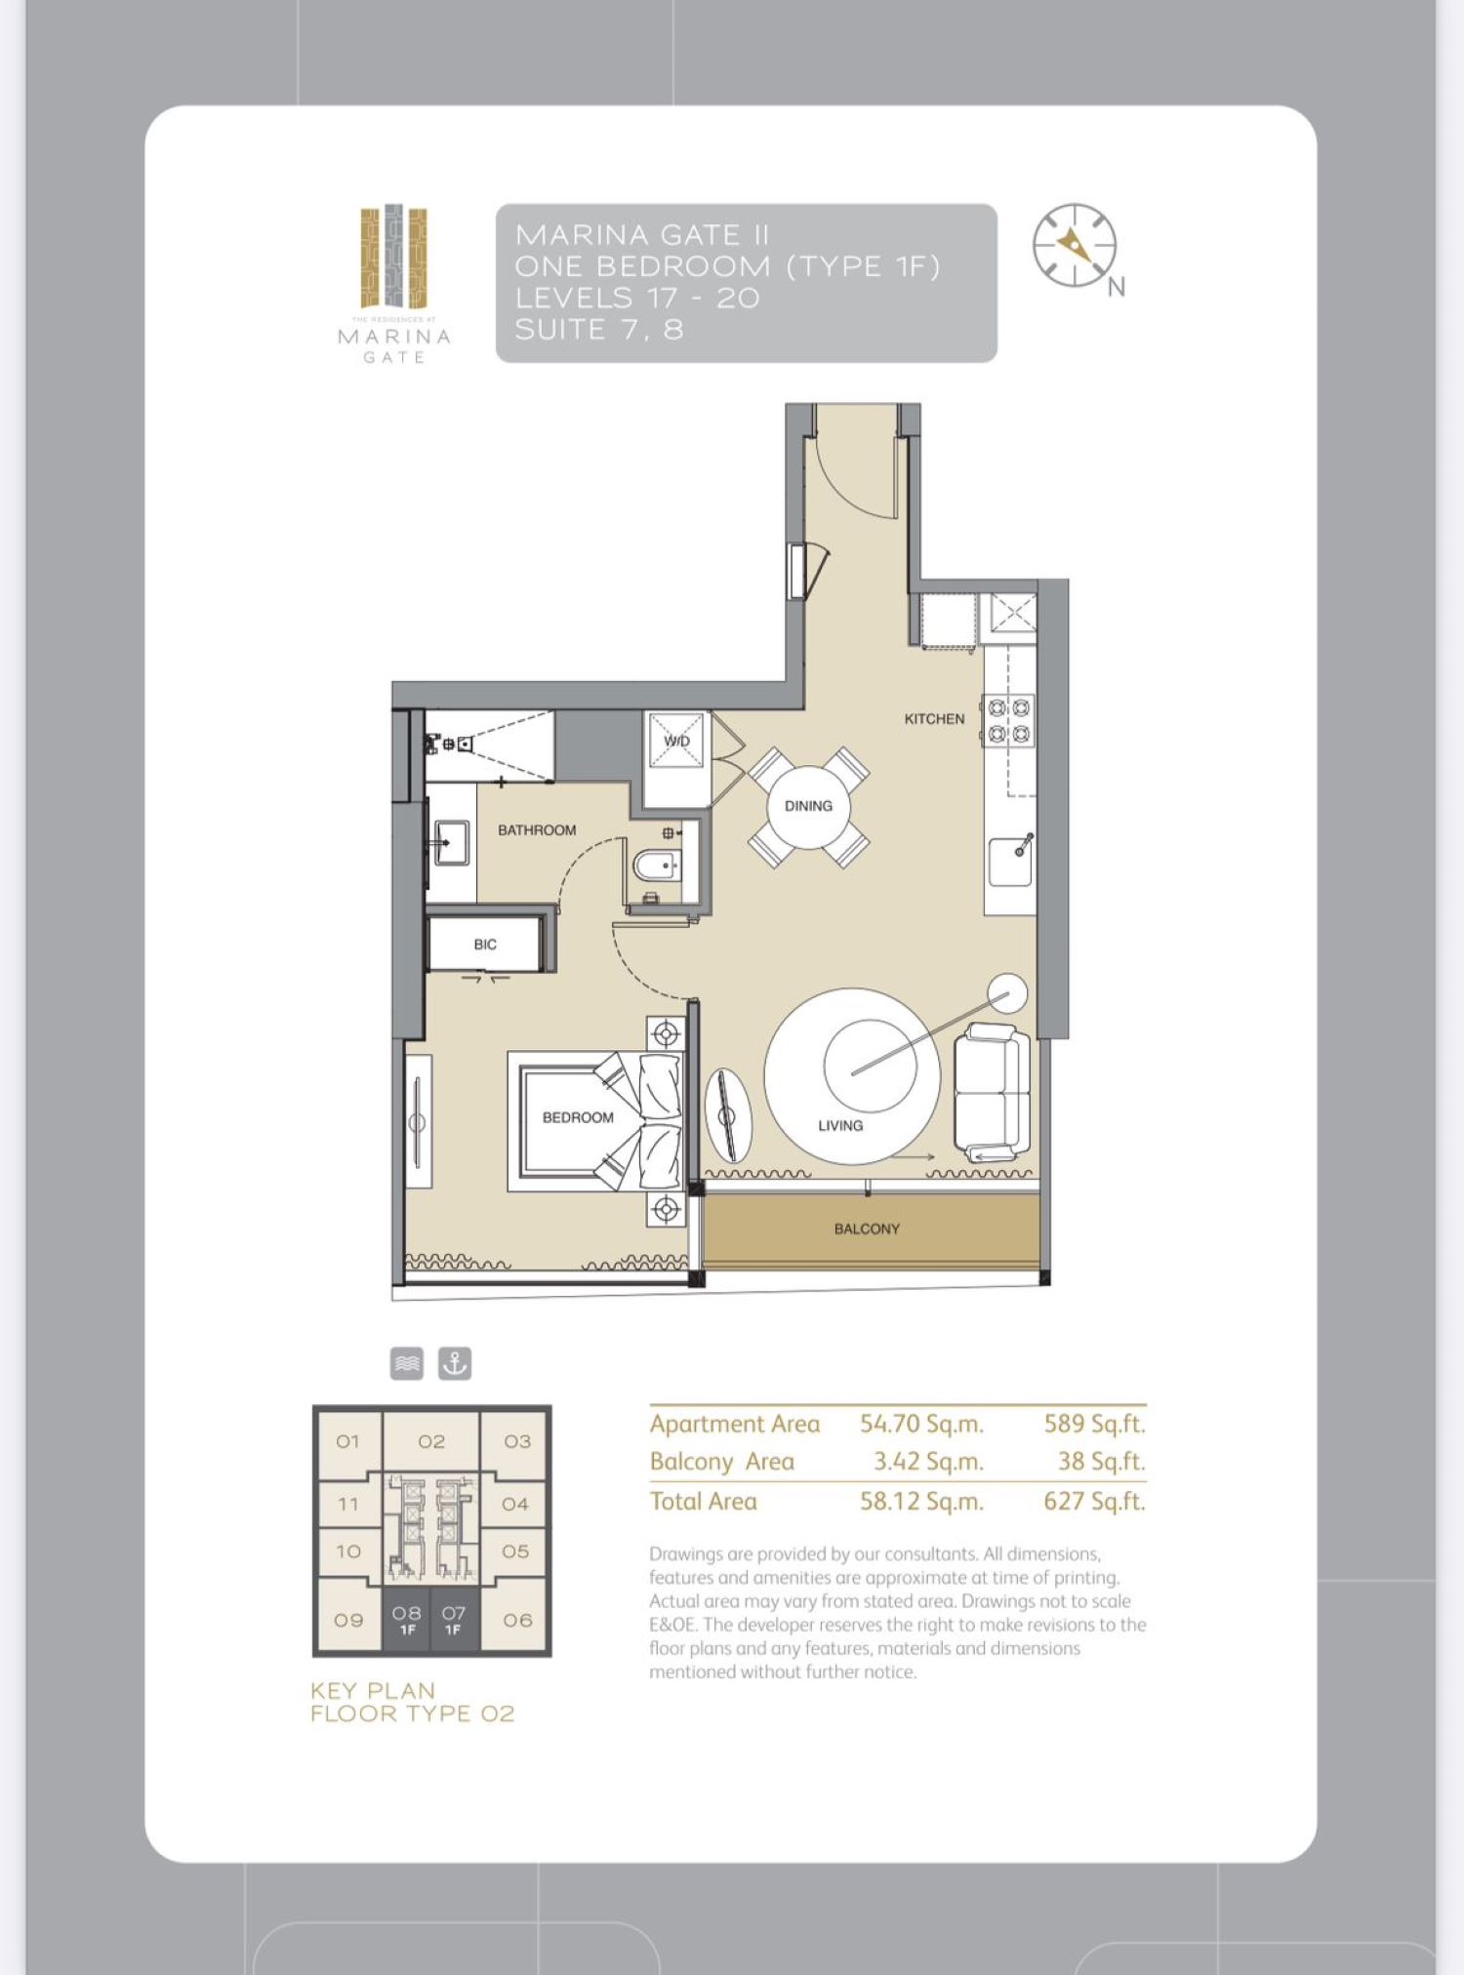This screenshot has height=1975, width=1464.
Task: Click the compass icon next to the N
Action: point(1074,246)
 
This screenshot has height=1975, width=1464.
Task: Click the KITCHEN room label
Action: point(934,719)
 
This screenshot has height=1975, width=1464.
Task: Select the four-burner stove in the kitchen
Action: point(1008,720)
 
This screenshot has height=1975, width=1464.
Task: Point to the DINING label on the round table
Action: point(808,806)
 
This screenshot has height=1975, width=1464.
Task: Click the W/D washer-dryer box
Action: point(676,743)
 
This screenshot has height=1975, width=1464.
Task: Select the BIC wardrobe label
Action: point(485,945)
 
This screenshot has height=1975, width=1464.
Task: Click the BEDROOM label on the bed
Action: point(578,1117)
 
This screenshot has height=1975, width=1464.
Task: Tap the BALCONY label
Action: point(867,1229)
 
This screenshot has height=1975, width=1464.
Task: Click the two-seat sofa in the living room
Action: point(990,1093)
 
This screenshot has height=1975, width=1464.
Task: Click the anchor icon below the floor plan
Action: point(454,1363)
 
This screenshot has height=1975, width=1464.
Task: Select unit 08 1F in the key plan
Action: point(407,1621)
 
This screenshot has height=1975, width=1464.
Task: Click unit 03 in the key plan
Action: point(517,1441)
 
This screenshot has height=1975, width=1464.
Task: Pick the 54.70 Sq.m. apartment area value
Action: point(920,1424)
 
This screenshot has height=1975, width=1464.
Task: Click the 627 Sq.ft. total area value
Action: point(1093,1501)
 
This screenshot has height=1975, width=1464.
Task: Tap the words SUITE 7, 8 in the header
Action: point(598,330)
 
